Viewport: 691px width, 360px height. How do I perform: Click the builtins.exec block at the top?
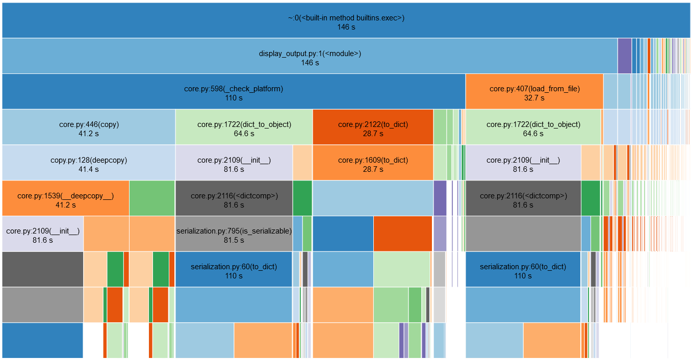pos(346,20)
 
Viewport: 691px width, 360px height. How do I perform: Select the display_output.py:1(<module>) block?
pos(310,56)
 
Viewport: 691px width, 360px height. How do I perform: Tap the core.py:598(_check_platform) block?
pos(234,92)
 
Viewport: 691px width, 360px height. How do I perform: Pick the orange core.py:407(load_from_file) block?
pos(534,92)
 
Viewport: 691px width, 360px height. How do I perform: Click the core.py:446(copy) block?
pos(89,127)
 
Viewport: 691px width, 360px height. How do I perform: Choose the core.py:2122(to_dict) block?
pos(373,127)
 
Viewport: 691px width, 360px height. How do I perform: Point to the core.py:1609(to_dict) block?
pos(373,163)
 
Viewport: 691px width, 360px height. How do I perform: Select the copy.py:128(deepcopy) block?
pos(89,163)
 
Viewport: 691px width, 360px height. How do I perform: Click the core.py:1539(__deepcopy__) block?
pos(65,199)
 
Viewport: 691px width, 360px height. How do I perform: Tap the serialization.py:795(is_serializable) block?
pos(234,235)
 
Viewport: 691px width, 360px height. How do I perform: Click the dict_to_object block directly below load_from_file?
pos(533,127)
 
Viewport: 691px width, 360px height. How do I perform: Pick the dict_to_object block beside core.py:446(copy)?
pos(244,127)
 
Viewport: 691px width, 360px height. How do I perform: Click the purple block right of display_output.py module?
pos(624,56)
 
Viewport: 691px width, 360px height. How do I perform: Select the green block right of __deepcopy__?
pos(152,199)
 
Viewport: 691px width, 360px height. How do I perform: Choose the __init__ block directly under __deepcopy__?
pos(43,235)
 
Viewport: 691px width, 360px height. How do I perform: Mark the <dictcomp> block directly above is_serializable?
pos(234,199)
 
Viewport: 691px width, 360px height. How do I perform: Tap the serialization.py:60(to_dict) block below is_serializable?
pos(234,270)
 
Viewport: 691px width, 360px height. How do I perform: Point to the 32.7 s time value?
pos(534,98)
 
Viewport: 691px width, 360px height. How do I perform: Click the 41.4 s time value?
pos(89,169)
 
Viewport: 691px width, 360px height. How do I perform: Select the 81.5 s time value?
pos(234,240)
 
